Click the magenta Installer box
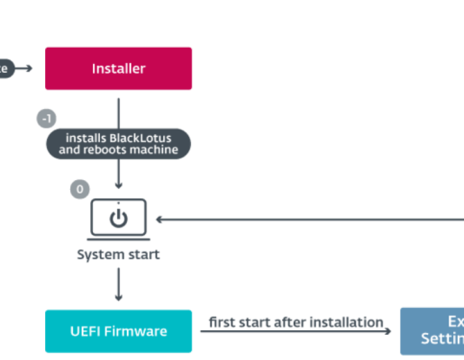[118, 68]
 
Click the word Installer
[118, 68]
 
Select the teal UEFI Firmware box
[118, 331]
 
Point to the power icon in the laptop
[118, 219]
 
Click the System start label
[118, 255]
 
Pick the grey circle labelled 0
[79, 190]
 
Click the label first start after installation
[296, 321]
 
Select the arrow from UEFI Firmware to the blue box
[296, 332]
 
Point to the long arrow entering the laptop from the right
[306, 219]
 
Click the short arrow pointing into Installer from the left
[24, 68]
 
